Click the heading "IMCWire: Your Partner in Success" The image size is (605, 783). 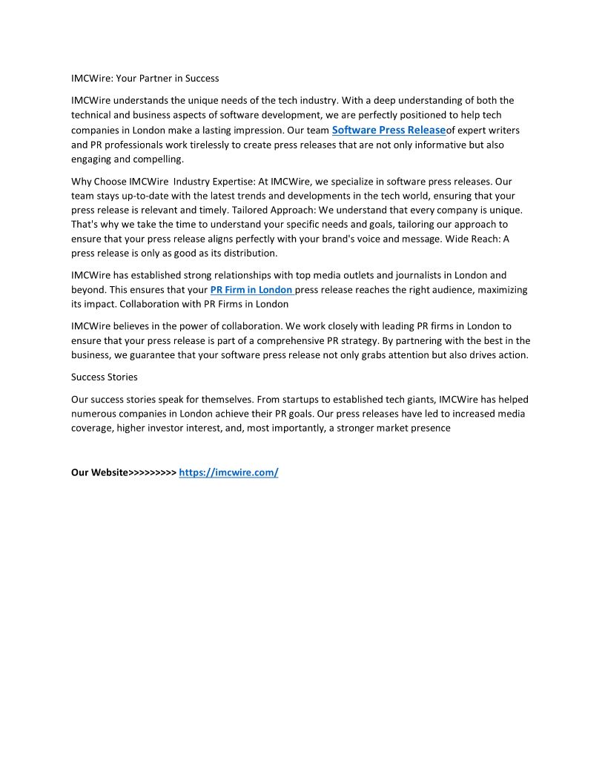pos(145,78)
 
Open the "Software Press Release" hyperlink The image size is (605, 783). pos(389,130)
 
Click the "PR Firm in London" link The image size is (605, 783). pos(251,290)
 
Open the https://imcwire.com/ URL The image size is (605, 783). pos(228,472)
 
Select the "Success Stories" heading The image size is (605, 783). pos(104,377)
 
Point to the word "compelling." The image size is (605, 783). pos(159,159)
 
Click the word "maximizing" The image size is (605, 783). pos(498,290)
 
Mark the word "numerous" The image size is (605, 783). pos(93,414)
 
